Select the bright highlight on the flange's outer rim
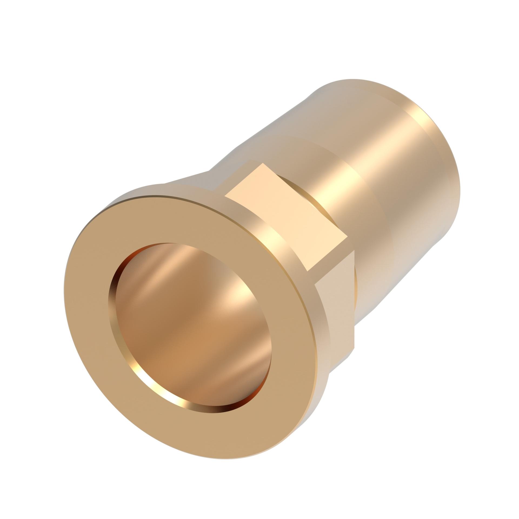tap(273, 238)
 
